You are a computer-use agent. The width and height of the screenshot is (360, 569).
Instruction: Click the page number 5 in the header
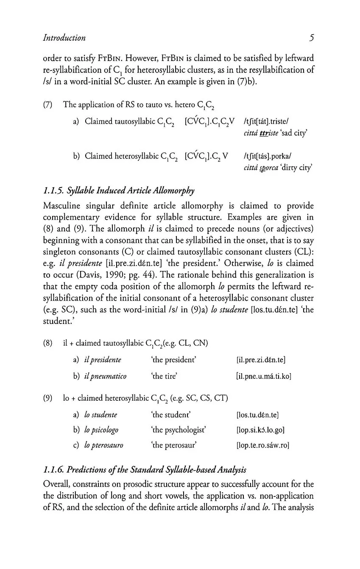click(x=311, y=38)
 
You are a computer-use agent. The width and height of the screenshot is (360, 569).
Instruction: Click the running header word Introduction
click(x=64, y=38)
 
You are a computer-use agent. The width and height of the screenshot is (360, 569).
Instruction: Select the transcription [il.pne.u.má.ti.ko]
click(x=263, y=376)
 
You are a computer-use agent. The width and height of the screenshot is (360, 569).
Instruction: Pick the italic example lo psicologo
click(x=101, y=430)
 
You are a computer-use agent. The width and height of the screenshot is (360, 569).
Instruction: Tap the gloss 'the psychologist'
click(x=179, y=430)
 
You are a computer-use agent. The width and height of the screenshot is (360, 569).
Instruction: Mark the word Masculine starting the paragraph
click(x=63, y=206)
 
